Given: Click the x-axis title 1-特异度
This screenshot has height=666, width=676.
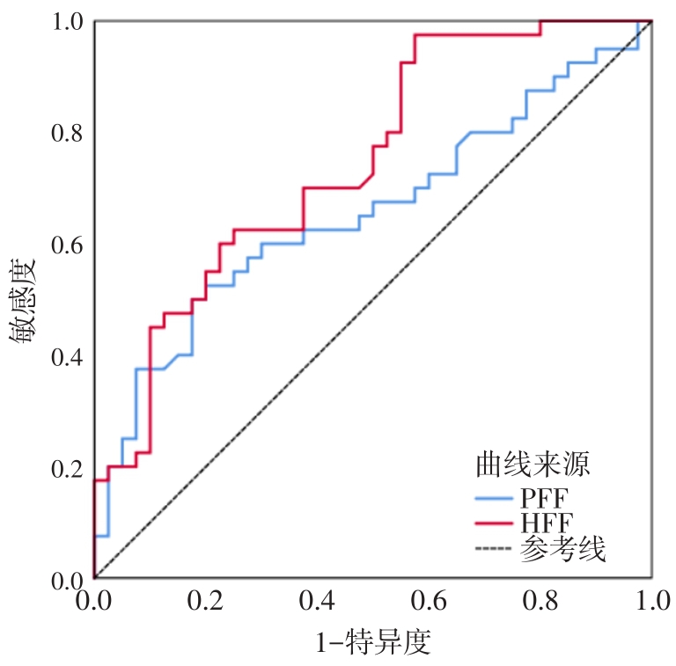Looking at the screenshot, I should click(373, 641).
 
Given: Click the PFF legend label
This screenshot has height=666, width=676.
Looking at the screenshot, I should click(542, 498).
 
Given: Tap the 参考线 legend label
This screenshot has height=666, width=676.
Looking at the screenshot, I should click(563, 551).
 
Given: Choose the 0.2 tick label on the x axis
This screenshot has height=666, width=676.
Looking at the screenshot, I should click(205, 602).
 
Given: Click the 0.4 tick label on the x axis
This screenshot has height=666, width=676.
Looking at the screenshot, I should click(317, 602).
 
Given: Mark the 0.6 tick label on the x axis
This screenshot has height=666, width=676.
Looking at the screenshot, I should click(429, 602).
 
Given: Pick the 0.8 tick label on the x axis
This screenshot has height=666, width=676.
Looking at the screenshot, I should click(540, 602).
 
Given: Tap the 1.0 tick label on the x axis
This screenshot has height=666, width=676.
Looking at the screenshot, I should click(651, 602).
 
